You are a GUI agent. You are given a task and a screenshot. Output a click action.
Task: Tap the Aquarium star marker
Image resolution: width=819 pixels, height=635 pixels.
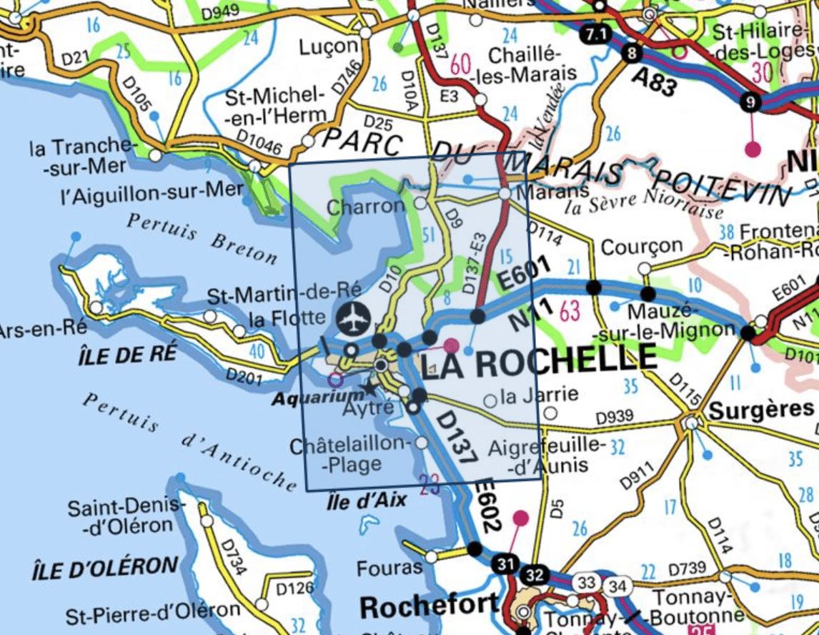click(x=369, y=388)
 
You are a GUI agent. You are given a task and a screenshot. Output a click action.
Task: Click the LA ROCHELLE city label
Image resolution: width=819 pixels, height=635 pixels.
click(x=537, y=360)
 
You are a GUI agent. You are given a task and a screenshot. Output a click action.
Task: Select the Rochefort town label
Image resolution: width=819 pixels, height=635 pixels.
click(x=429, y=606)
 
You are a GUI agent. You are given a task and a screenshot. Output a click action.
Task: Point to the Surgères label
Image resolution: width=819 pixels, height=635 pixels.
click(x=761, y=409)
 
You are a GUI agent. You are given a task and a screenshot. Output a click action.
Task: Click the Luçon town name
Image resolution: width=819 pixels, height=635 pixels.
click(x=328, y=46)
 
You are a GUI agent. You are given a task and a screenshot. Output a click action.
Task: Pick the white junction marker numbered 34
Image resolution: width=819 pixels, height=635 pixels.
click(x=618, y=587)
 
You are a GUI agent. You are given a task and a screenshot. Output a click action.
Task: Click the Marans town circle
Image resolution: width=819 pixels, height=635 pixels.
click(x=505, y=194)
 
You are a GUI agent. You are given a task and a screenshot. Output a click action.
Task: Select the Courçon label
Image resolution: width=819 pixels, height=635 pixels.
click(x=642, y=247)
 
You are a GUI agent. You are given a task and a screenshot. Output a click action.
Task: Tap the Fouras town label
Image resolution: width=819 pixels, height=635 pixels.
click(x=389, y=568)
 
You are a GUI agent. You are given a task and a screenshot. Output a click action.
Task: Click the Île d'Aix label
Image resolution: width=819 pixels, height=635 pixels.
click(x=367, y=501)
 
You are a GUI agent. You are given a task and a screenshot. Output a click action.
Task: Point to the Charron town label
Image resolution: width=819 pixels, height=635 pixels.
click(x=366, y=207)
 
